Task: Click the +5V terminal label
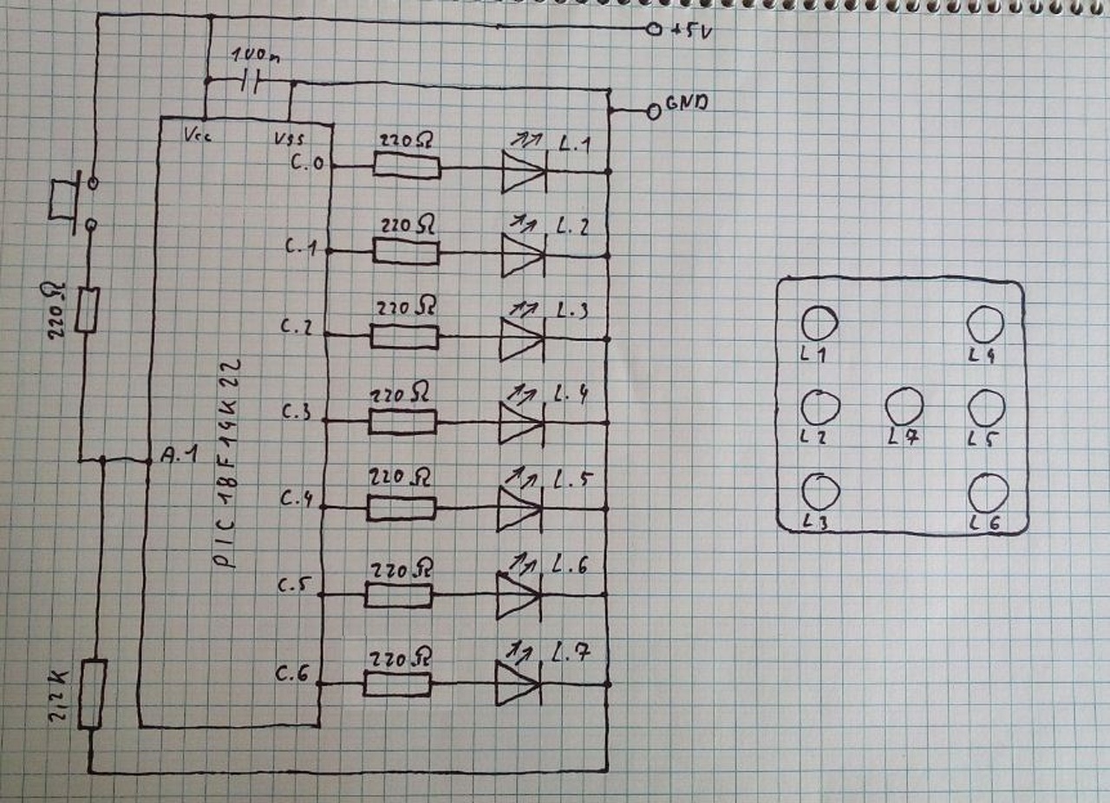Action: pos(691,32)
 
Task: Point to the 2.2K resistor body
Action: pos(92,694)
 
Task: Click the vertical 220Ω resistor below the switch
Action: pos(87,310)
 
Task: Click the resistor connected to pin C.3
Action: pos(402,421)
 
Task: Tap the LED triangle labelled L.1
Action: pos(523,171)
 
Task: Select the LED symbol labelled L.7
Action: pos(518,682)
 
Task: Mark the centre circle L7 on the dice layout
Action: pos(904,406)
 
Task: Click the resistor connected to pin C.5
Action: pos(398,595)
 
